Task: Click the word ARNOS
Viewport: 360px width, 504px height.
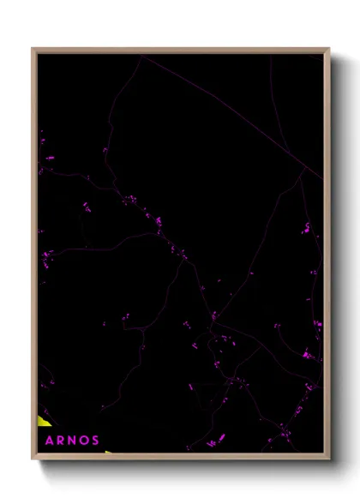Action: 71,441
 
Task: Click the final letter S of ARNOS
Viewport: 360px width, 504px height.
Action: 95,441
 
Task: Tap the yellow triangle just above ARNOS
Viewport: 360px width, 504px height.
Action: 43,420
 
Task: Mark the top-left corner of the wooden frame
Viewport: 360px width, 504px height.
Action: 33,49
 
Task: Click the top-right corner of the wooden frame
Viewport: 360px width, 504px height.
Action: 328,49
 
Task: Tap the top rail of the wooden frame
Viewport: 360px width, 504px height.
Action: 180,50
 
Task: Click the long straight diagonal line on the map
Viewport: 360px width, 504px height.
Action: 231,116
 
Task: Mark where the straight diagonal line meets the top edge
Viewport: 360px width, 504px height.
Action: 141,56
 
